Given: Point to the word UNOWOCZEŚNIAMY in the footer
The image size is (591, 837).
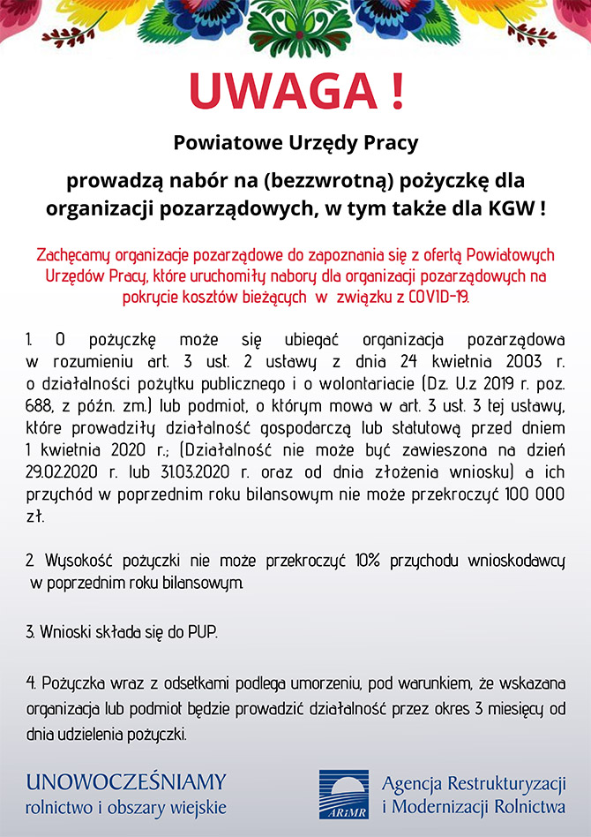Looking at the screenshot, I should (126, 782).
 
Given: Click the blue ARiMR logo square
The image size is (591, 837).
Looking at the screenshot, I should (344, 794).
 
